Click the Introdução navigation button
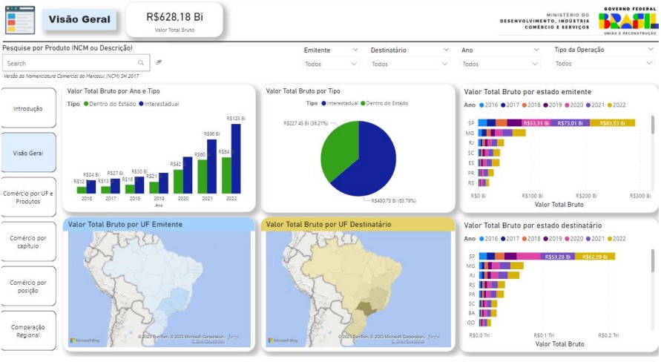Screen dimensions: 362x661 (x=29, y=108)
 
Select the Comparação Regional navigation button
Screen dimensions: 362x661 (x=29, y=331)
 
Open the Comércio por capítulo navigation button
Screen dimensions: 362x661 (x=29, y=242)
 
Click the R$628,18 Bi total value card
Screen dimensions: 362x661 (x=174, y=20)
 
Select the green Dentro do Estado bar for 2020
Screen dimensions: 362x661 (x=178, y=182)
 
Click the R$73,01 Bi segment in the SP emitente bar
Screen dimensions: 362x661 (x=570, y=122)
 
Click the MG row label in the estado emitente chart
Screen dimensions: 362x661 (x=470, y=133)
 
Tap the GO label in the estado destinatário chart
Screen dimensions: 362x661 (x=470, y=323)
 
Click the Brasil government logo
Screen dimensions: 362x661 (x=628, y=20)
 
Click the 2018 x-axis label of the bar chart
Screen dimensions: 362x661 (x=134, y=198)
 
